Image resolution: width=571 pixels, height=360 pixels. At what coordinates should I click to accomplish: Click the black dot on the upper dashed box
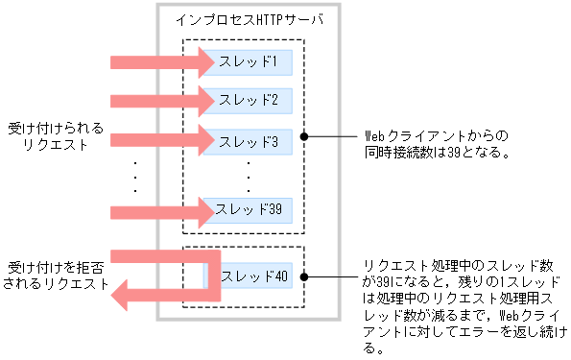tap(304, 135)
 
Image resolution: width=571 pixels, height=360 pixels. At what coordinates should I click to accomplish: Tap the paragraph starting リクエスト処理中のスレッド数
tap(462, 304)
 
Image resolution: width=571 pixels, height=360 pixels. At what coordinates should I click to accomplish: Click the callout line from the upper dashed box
tap(331, 135)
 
